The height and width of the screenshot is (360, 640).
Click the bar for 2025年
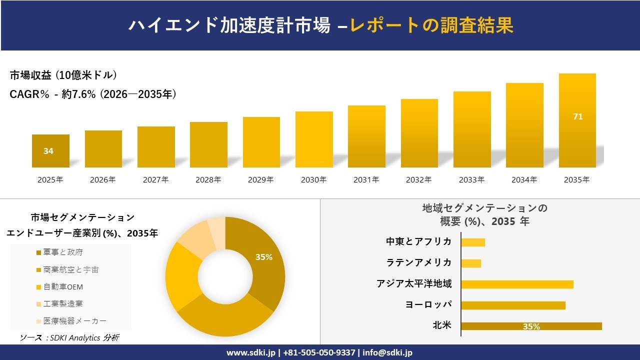click(50, 151)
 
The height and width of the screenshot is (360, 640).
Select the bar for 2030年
click(314, 139)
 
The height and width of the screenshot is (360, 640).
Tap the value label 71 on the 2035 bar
click(577, 116)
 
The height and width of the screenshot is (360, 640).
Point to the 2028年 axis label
click(208, 180)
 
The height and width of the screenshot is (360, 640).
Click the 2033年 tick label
click(472, 180)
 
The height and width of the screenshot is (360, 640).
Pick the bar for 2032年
click(419, 133)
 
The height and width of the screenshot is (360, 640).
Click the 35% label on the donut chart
click(263, 257)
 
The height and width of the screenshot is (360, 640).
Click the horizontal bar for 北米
click(531, 326)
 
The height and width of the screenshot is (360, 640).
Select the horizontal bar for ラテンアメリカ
click(471, 263)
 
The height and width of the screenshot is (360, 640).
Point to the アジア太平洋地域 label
click(414, 284)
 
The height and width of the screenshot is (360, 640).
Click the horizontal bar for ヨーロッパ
click(513, 305)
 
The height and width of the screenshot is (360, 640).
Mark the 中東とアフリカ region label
click(418, 242)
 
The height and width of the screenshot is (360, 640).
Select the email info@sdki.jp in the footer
click(388, 352)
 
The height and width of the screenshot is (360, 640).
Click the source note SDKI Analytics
click(69, 338)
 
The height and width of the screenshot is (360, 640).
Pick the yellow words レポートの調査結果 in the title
click(431, 25)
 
